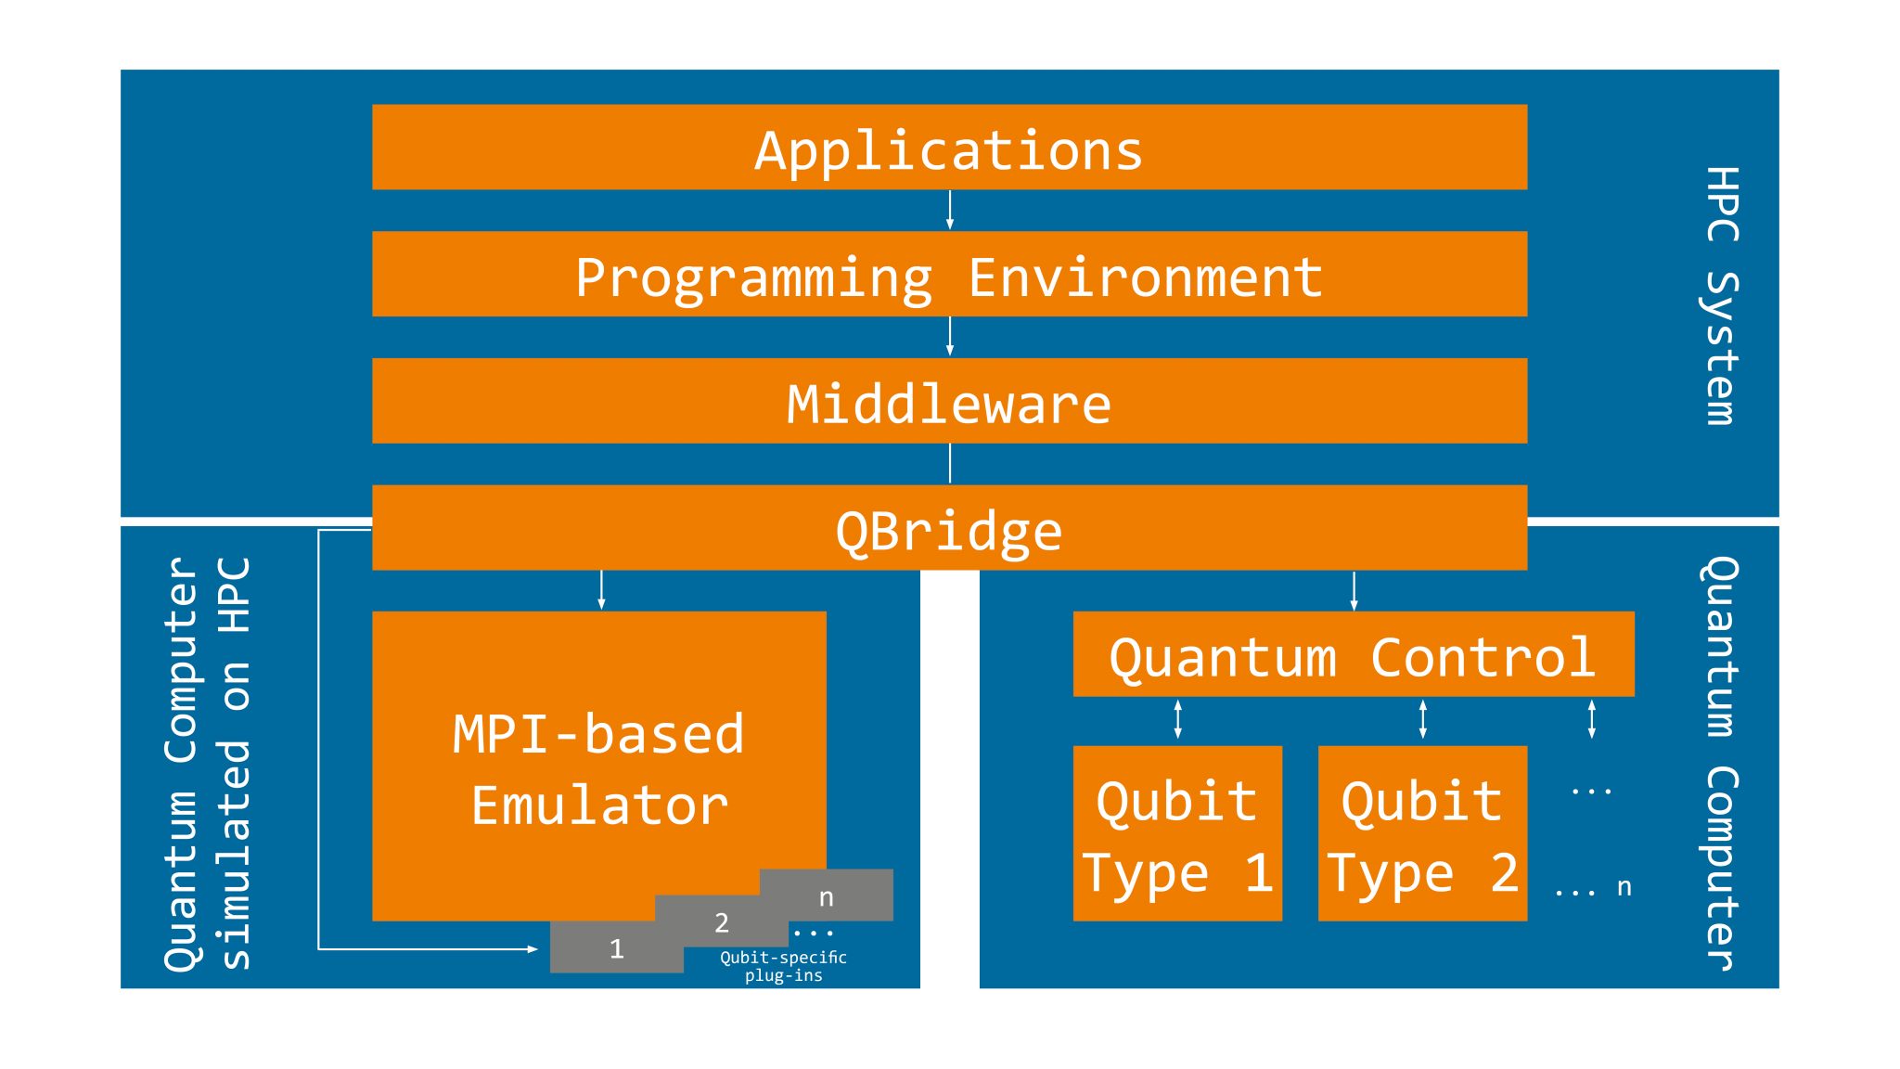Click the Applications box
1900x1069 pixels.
tap(949, 148)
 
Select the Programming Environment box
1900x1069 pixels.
tap(949, 275)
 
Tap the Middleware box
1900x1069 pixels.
tap(949, 401)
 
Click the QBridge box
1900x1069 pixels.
tap(949, 528)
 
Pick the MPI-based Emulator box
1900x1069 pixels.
tap(598, 742)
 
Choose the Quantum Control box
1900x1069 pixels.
tap(1353, 654)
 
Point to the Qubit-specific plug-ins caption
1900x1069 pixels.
tap(783, 966)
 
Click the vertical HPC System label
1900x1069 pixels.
tap(1722, 295)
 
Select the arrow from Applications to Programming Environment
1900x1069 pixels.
tap(949, 211)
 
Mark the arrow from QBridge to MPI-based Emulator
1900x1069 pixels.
tap(601, 591)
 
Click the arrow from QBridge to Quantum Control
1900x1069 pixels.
tap(1354, 591)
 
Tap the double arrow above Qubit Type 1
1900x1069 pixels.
tap(1177, 720)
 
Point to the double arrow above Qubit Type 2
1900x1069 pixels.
tap(1422, 720)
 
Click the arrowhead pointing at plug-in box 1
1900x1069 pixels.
tap(533, 949)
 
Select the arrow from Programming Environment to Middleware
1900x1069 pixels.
tap(949, 337)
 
